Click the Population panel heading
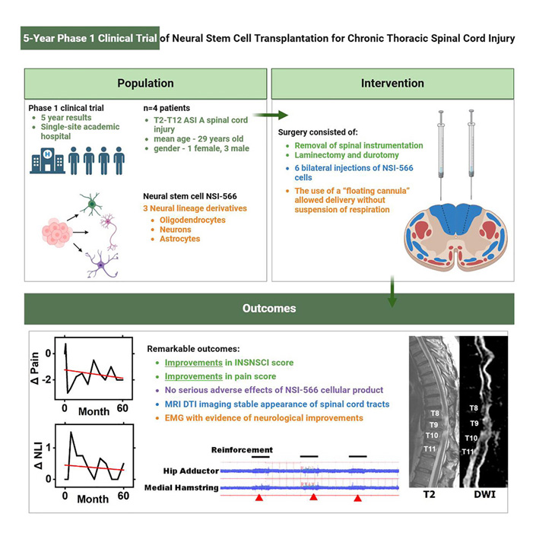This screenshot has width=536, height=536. coord(144,83)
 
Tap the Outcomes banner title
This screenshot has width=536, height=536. coord(268,309)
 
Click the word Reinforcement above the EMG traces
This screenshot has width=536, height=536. coord(241,450)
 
